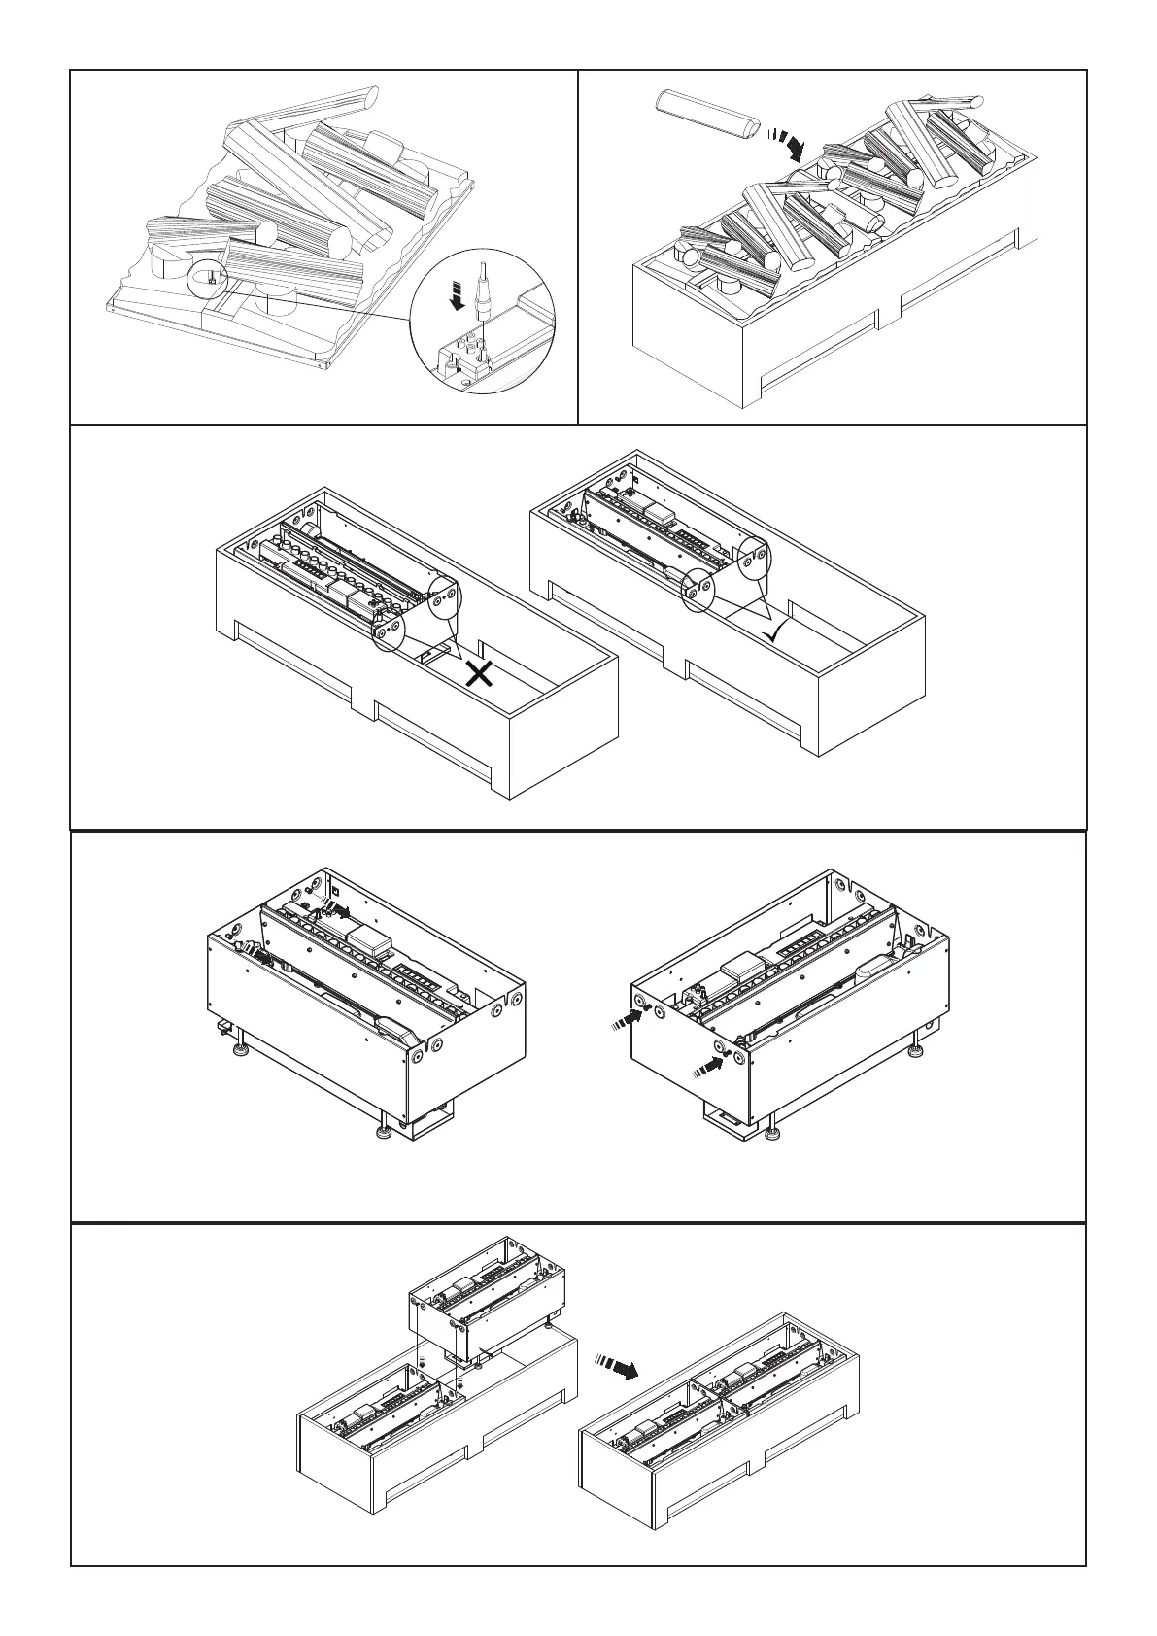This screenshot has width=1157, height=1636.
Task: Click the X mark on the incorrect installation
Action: (479, 673)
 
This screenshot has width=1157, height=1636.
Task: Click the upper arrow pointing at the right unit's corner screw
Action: (632, 1016)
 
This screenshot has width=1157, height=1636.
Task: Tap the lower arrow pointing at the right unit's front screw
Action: (710, 1066)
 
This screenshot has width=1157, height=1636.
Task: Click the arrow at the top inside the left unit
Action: (339, 910)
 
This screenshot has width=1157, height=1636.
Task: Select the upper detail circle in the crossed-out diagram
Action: (443, 598)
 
